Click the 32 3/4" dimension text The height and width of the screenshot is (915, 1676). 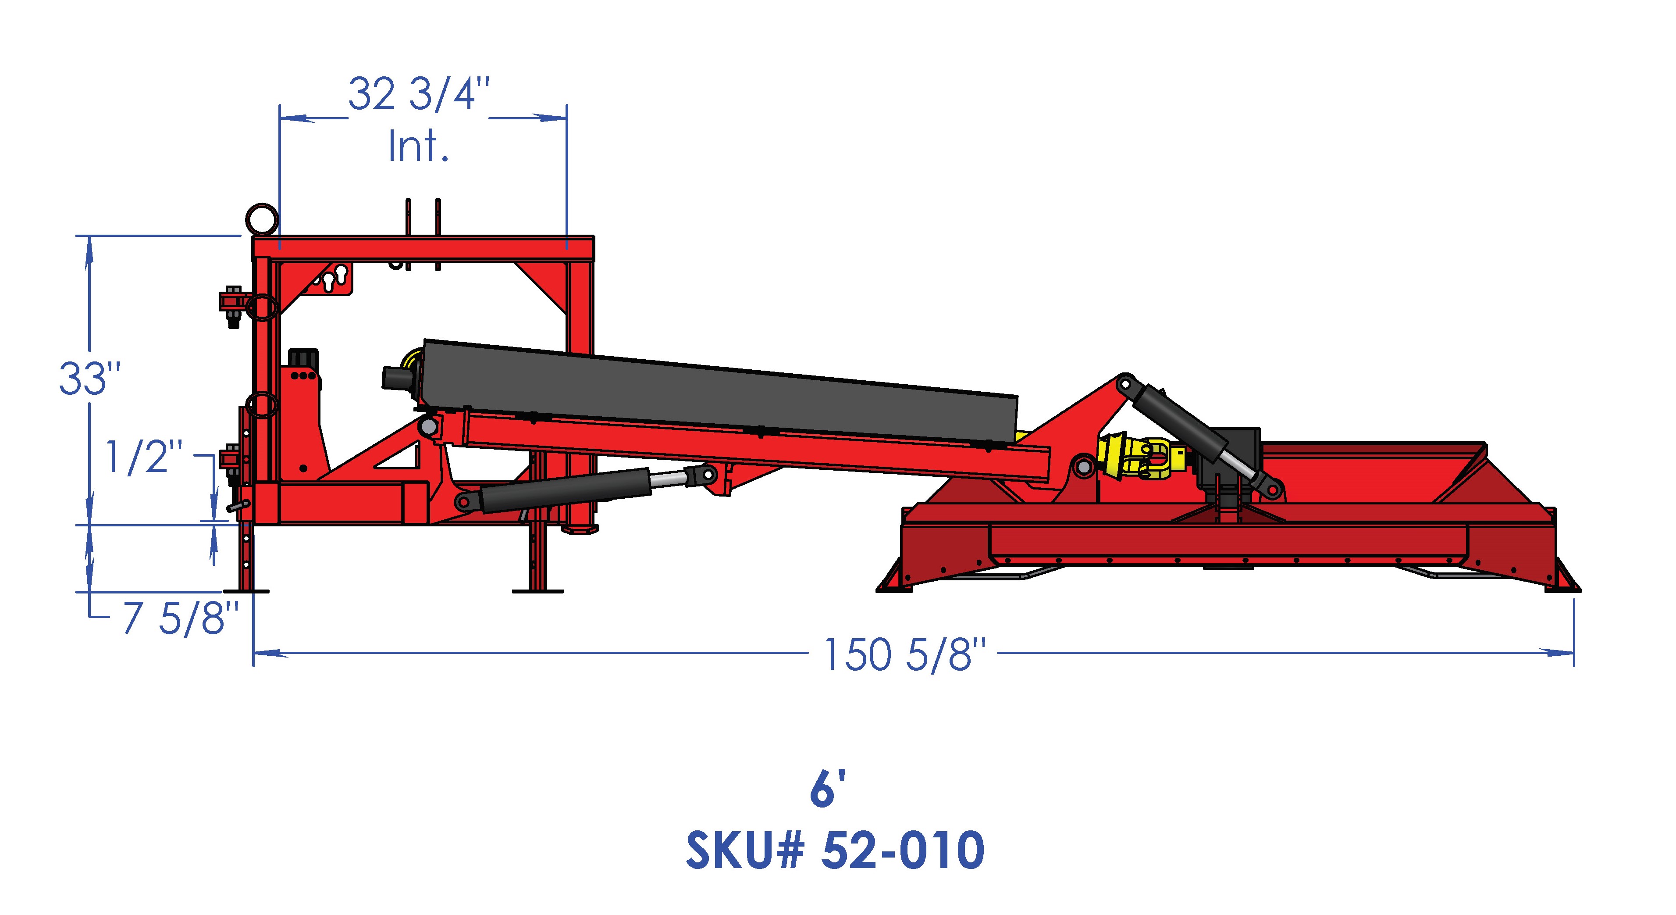coord(418,94)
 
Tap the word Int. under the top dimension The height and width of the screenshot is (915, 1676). coord(418,147)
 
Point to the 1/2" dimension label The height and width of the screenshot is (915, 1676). coord(144,457)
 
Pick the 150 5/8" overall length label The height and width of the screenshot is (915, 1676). coord(904,654)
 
